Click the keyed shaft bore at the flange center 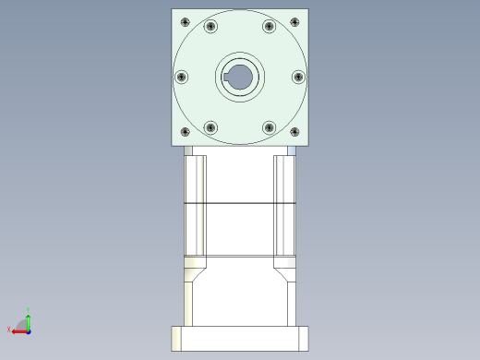[240, 78]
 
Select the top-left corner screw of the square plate [185, 21]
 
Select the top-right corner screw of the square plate [295, 21]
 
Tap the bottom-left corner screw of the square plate [185, 134]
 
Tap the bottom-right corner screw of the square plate [295, 134]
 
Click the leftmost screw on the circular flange [181, 78]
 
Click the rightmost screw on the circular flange [298, 78]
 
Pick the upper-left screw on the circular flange [210, 27]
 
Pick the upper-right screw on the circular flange [269, 27]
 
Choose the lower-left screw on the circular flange [210, 127]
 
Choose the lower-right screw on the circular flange [269, 127]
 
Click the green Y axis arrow [29, 318]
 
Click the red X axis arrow [18, 330]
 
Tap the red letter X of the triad [9, 329]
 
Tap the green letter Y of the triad [29, 310]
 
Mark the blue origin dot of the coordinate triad [29, 330]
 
